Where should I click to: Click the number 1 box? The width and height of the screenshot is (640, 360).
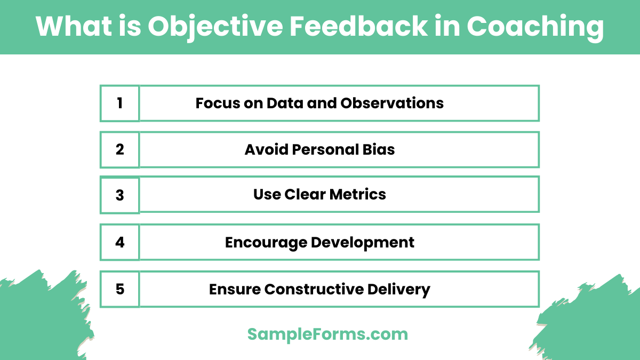click(119, 103)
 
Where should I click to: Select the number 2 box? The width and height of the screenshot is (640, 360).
click(119, 149)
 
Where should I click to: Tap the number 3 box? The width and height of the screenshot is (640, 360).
click(119, 195)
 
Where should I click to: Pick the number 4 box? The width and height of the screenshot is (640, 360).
click(119, 242)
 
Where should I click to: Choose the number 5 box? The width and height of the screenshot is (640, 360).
click(119, 289)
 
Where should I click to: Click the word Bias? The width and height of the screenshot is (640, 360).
click(379, 149)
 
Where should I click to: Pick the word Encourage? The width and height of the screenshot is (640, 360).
click(266, 243)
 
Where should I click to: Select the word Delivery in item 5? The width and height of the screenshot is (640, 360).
click(399, 290)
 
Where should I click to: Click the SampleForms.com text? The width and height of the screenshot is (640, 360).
click(327, 334)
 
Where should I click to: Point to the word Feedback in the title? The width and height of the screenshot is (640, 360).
click(357, 27)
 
